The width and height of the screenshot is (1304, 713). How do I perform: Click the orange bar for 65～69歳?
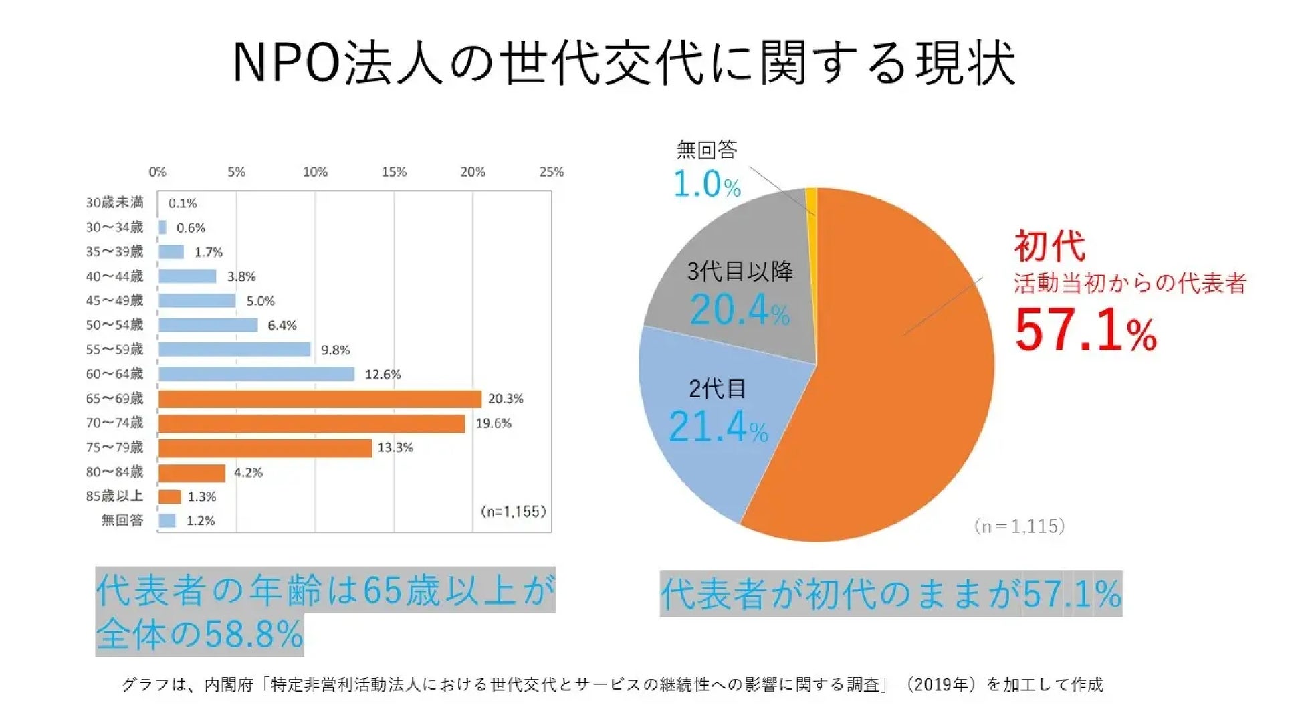click(x=320, y=399)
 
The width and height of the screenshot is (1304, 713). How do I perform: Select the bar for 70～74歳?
click(x=312, y=423)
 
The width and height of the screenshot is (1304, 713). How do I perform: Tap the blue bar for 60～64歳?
click(x=256, y=374)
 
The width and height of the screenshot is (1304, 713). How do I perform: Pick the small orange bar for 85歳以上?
click(x=170, y=496)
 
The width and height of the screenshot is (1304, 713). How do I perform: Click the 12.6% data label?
click(x=383, y=375)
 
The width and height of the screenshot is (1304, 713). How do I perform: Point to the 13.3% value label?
click(x=395, y=447)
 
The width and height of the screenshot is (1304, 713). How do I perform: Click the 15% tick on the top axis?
click(x=394, y=172)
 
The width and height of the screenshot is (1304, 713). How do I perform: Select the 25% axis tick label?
click(x=551, y=172)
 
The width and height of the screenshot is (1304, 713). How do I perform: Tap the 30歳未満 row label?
click(x=114, y=203)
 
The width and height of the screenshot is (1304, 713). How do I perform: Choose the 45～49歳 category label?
click(x=114, y=300)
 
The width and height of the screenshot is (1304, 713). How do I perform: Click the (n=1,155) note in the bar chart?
click(x=513, y=512)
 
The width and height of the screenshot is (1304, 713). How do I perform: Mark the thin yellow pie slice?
click(x=811, y=201)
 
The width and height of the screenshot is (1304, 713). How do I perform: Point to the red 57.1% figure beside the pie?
click(x=1085, y=330)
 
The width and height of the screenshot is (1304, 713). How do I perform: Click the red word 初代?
click(x=1049, y=246)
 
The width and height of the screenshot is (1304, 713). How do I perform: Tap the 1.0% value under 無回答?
click(x=706, y=185)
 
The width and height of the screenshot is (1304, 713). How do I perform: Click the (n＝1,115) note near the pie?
click(x=1018, y=526)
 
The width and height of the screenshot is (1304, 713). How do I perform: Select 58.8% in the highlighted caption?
click(x=254, y=634)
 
